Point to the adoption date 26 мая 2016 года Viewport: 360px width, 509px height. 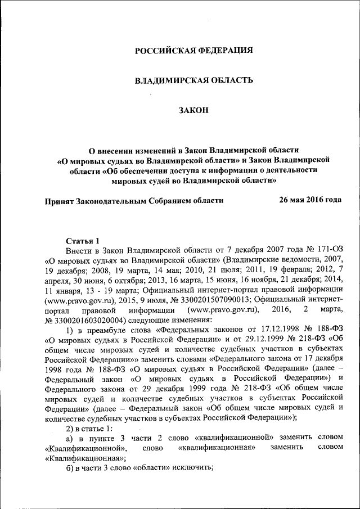[x=310, y=200]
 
